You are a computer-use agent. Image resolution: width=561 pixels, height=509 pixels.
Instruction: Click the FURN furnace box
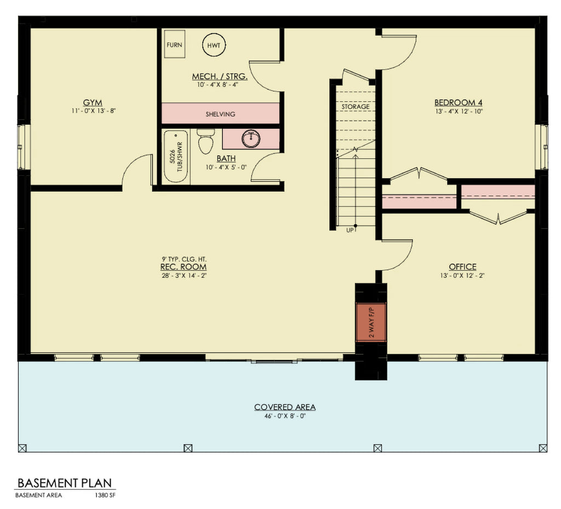[x=175, y=45]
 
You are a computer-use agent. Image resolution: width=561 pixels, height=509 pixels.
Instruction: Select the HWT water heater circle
[x=214, y=45]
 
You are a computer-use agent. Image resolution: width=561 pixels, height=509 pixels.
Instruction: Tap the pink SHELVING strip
[x=220, y=114]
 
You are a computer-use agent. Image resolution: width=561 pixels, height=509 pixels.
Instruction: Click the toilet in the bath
[x=205, y=142]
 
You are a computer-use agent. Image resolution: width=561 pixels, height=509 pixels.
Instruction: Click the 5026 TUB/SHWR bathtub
[x=176, y=157]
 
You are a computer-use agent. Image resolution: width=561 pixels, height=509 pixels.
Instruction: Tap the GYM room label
[x=93, y=102]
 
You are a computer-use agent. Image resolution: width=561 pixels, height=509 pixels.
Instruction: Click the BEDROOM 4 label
[x=459, y=102]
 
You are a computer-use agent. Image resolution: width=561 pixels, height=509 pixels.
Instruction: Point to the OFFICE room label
[x=462, y=267]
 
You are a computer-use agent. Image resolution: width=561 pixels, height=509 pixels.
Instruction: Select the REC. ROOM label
[x=184, y=267]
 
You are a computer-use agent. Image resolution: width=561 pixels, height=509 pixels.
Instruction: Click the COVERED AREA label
[x=284, y=407]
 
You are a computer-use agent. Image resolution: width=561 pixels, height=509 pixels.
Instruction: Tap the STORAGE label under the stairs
[x=356, y=107]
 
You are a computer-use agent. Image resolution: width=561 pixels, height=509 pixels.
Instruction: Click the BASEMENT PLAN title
[x=65, y=483]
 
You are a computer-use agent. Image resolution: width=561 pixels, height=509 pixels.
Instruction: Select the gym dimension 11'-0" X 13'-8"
[x=93, y=111]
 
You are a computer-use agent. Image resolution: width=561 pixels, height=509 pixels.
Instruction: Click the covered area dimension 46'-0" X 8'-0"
[x=284, y=416]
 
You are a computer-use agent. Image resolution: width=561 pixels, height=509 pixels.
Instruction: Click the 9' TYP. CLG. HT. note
[x=184, y=258]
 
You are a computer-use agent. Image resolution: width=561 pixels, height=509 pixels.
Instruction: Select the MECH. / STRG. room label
[x=220, y=76]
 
